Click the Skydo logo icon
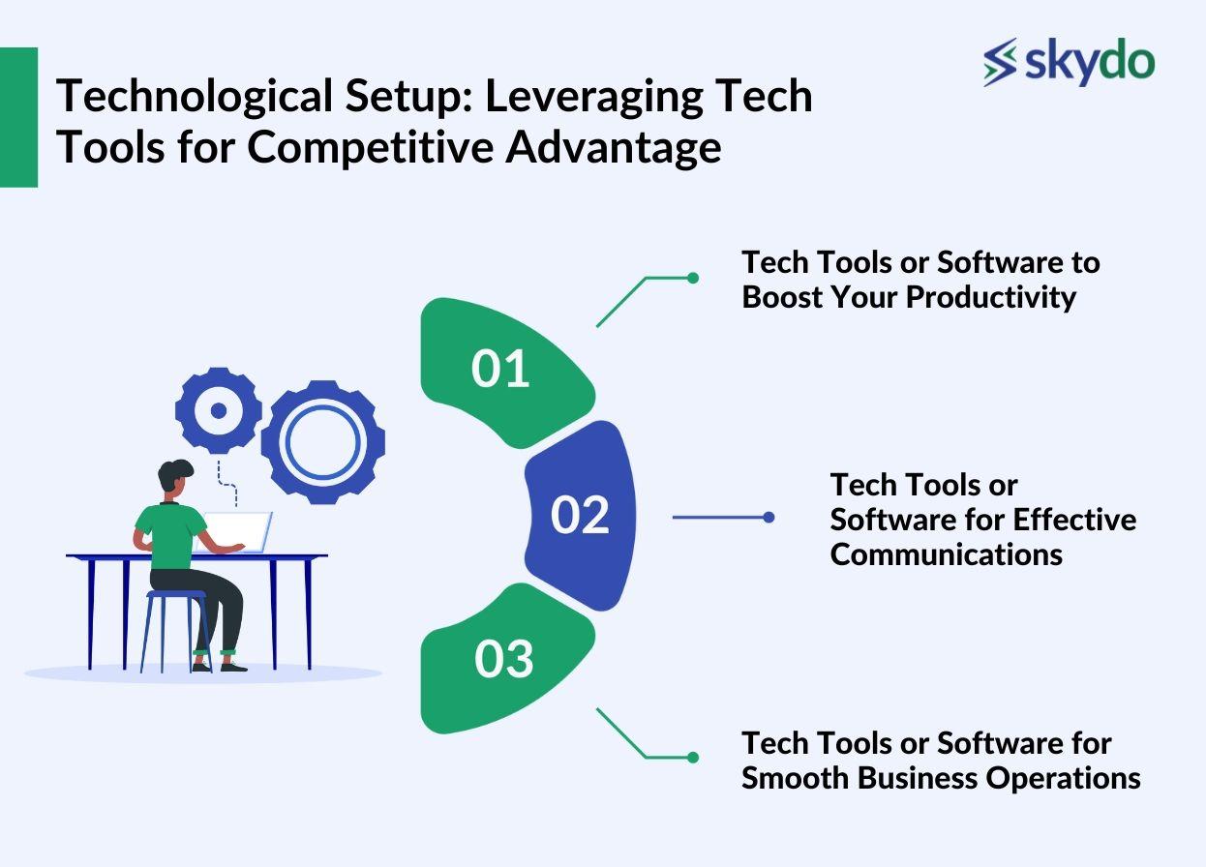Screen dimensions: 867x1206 pos(1000,62)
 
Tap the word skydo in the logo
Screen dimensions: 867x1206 pos(1089,62)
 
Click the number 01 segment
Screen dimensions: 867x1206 pos(501,371)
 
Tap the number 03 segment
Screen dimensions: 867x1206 pos(503,660)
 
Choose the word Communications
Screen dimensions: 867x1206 pos(946,553)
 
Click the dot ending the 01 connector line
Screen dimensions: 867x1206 pos(693,278)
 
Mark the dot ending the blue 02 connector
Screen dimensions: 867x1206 pos(769,518)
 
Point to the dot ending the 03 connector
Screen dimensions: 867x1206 pos(693,757)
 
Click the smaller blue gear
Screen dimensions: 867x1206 pos(219,410)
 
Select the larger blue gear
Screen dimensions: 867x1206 pos(321,440)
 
